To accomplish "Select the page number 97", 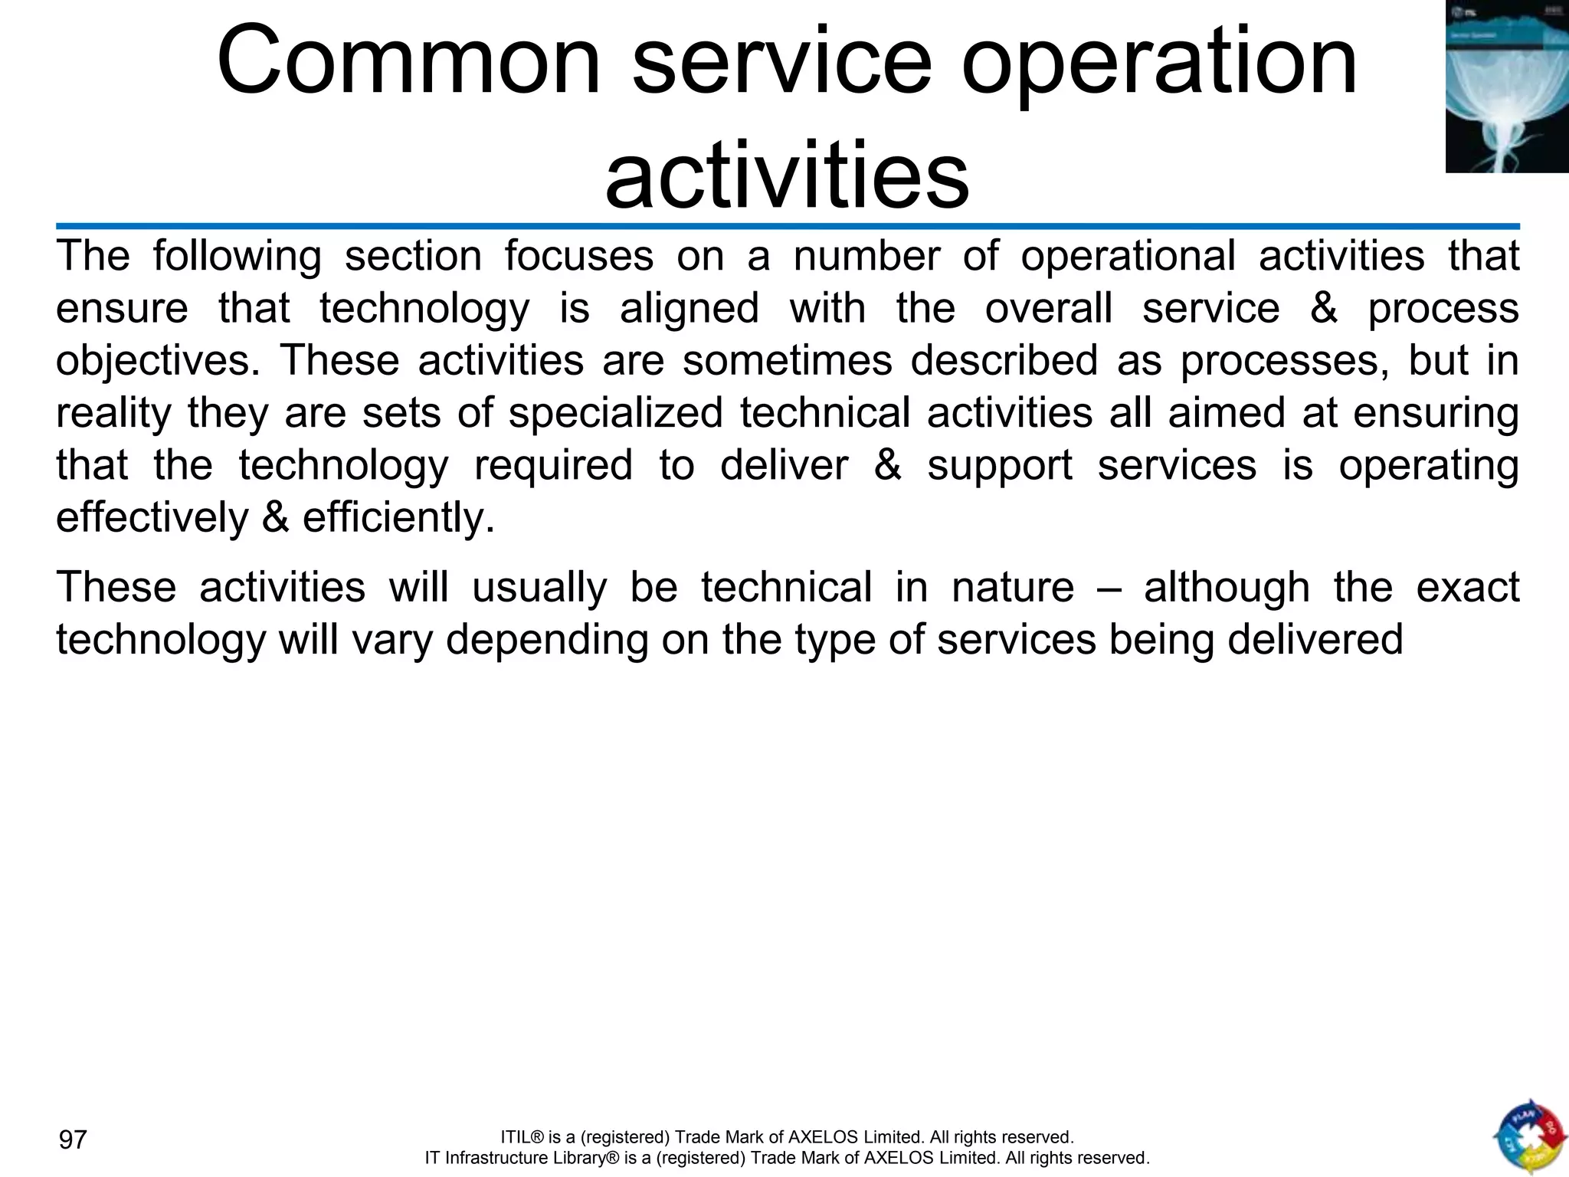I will pyautogui.click(x=74, y=1139).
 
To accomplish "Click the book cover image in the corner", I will pyautogui.click(x=1507, y=86).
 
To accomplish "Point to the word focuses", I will pyautogui.click(x=578, y=256).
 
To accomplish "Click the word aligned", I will pyautogui.click(x=689, y=309).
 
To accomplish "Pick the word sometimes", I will pyautogui.click(x=788, y=360).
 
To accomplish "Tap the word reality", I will pyautogui.click(x=113, y=415).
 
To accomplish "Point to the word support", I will pyautogui.click(x=1000, y=466).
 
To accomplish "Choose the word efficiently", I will pyautogui.click(x=398, y=518).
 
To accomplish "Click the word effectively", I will pyautogui.click(x=152, y=518).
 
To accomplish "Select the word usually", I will pyautogui.click(x=539, y=588).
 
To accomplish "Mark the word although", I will pyautogui.click(x=1227, y=588).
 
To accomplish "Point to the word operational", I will pyautogui.click(x=1128, y=256).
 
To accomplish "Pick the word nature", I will pyautogui.click(x=1013, y=588).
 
